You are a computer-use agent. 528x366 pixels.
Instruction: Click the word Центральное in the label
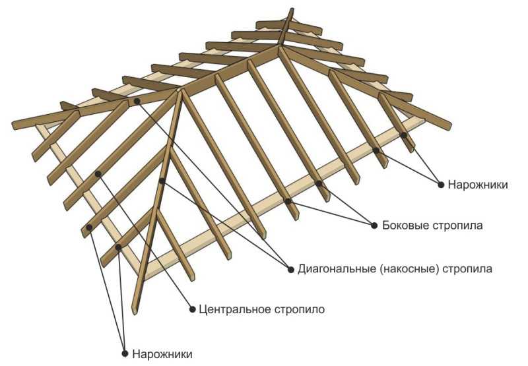tap(235, 309)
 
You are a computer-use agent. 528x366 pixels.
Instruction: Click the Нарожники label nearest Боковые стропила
tap(477, 185)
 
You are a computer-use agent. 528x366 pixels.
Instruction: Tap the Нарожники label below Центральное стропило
tap(162, 354)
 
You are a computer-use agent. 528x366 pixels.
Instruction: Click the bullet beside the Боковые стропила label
tap(374, 226)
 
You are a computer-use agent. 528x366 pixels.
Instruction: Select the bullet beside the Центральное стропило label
tap(192, 309)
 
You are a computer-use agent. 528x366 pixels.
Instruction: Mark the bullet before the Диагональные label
tap(291, 269)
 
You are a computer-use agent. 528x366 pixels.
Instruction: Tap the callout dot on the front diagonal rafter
tap(162, 181)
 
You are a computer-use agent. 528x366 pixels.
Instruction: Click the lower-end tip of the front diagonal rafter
tap(135, 313)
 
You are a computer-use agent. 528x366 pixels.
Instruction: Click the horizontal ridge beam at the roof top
tap(230, 69)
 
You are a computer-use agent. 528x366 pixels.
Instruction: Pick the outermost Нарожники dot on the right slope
tap(404, 135)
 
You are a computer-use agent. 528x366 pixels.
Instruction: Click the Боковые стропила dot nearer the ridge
tap(319, 183)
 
